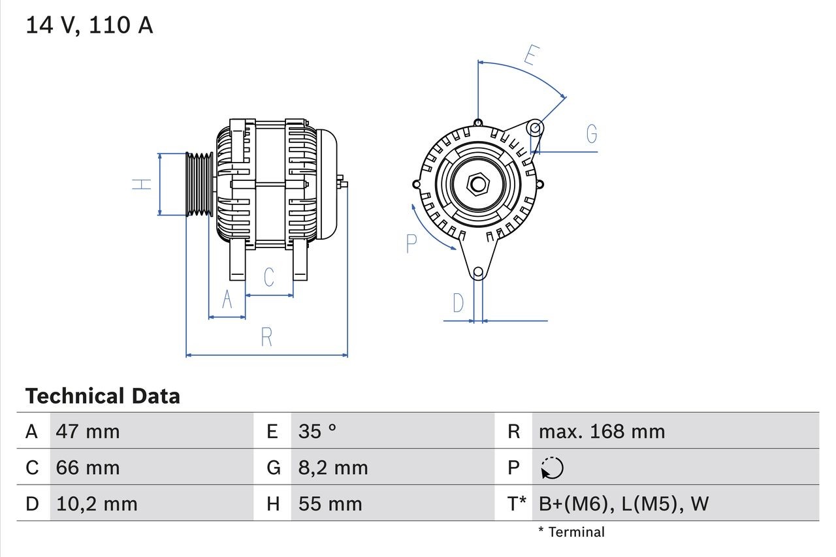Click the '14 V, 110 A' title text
pyautogui.click(x=89, y=25)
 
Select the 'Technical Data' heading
pyautogui.click(x=103, y=396)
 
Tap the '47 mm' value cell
pyautogui.click(x=88, y=431)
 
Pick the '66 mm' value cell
pyautogui.click(x=88, y=468)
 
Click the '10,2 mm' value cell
pyautogui.click(x=97, y=503)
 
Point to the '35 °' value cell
pyautogui.click(x=317, y=431)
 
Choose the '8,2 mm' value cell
pyautogui.click(x=333, y=468)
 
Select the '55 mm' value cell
pyautogui.click(x=330, y=503)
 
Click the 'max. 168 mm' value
pyautogui.click(x=602, y=431)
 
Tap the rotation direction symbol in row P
pyautogui.click(x=552, y=468)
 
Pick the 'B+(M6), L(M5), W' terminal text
pyautogui.click(x=623, y=503)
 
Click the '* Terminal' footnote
pyautogui.click(x=571, y=532)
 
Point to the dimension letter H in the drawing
pyautogui.click(x=142, y=184)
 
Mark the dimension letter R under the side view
pyautogui.click(x=266, y=338)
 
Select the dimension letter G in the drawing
pyautogui.click(x=592, y=134)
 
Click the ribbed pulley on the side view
pyautogui.click(x=199, y=184)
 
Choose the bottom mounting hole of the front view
pyautogui.click(x=478, y=272)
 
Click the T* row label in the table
pyautogui.click(x=517, y=503)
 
